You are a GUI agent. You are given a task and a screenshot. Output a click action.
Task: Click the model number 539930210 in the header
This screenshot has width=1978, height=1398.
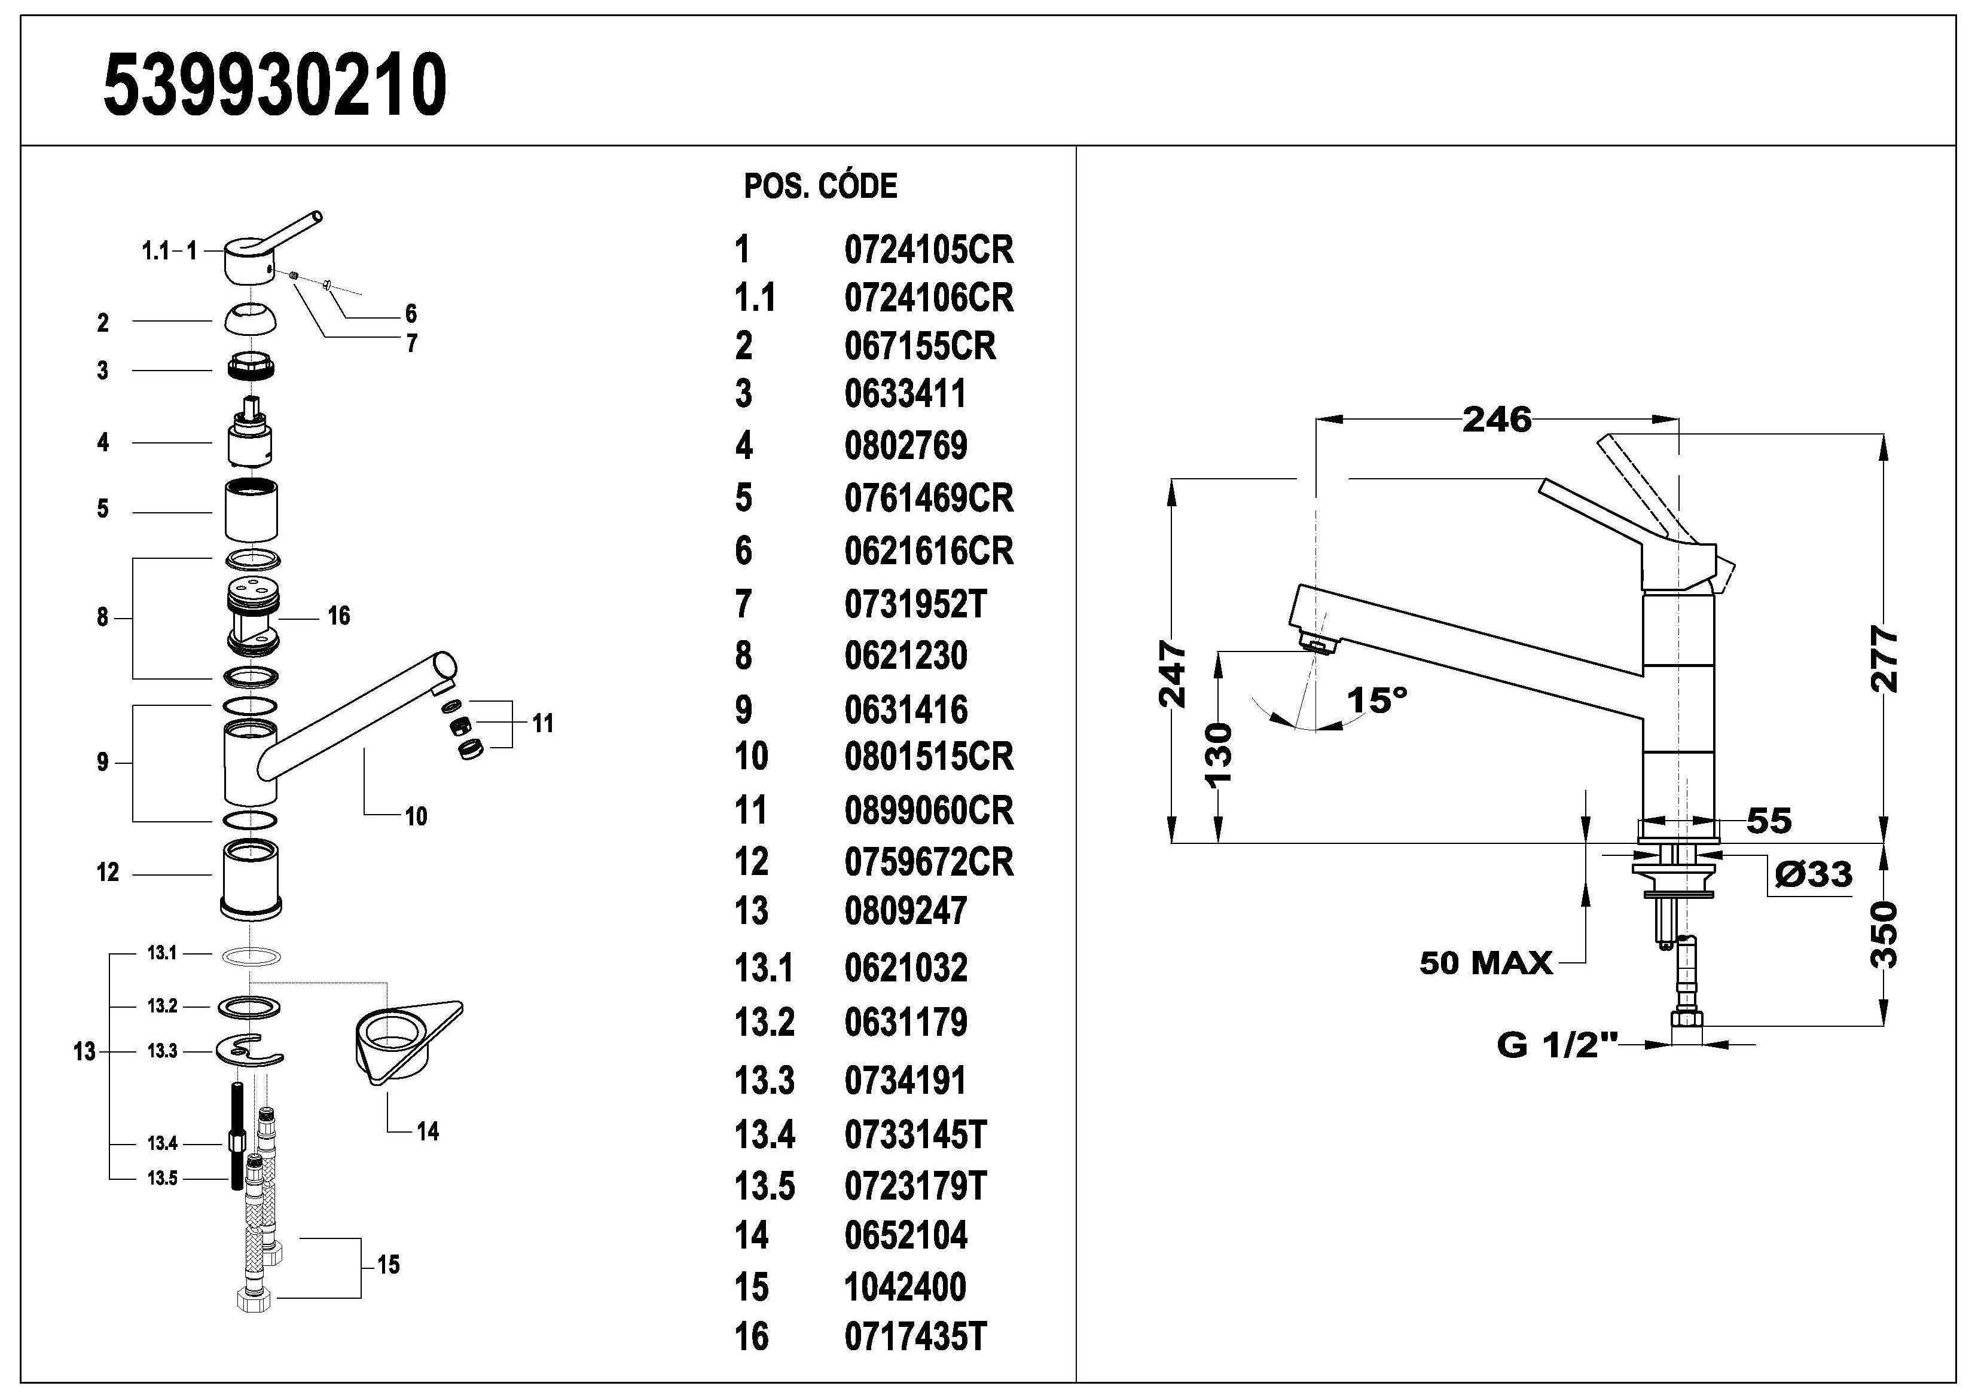click(275, 84)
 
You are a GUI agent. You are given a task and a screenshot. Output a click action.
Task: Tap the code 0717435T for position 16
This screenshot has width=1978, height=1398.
click(915, 1337)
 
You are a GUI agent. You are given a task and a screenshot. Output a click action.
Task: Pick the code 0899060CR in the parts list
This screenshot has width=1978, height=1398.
click(929, 810)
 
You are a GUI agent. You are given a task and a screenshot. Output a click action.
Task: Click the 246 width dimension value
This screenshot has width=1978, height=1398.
click(1497, 420)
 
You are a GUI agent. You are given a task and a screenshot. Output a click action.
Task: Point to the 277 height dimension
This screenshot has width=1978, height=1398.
click(1885, 660)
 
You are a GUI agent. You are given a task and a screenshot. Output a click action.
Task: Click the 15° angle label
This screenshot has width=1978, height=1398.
click(1376, 700)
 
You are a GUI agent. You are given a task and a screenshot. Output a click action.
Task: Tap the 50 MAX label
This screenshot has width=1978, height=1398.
click(1486, 963)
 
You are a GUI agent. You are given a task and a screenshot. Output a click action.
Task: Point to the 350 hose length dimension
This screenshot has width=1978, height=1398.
click(1885, 935)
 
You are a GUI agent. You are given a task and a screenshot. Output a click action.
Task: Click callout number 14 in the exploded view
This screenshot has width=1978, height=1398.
click(428, 1131)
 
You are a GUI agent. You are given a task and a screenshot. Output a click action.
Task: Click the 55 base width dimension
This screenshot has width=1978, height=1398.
click(1769, 821)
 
